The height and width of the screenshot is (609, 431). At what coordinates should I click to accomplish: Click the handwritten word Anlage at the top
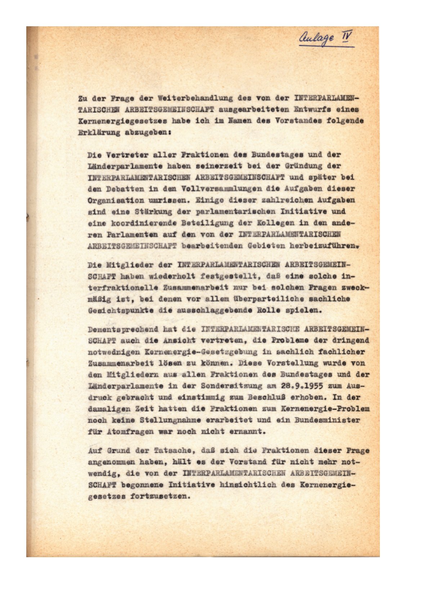(317, 39)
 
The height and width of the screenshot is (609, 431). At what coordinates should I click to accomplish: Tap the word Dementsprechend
(123, 330)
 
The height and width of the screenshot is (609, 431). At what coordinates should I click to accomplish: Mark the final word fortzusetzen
(160, 496)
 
